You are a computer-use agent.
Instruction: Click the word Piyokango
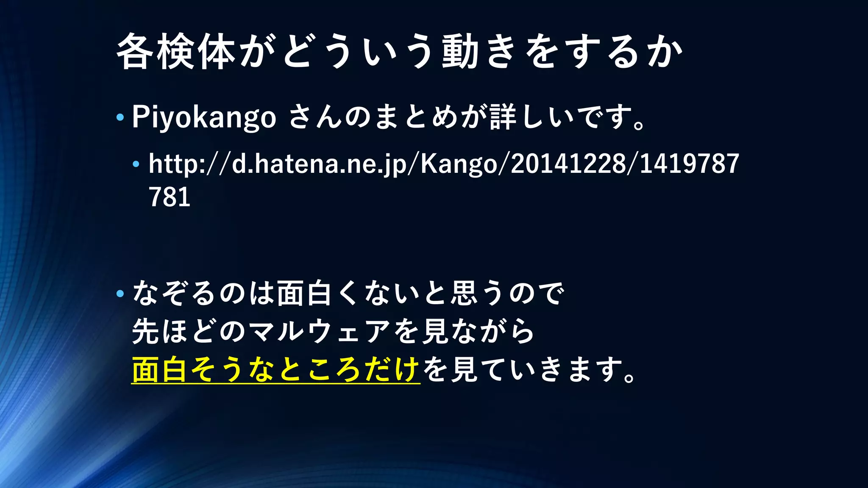pos(204,117)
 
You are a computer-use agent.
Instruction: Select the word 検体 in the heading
pos(196,52)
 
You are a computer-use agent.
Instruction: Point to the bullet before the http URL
pos(136,164)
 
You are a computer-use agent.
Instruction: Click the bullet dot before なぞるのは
pos(120,293)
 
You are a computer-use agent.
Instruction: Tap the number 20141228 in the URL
pos(568,164)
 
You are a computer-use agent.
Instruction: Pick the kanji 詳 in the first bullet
pos(503,117)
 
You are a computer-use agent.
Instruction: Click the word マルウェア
pos(319,331)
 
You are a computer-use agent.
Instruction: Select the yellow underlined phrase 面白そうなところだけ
pos(275,370)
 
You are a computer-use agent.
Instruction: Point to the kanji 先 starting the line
pos(145,331)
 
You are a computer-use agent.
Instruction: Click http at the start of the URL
pos(173,164)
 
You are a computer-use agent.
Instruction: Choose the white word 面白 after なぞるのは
pos(304,293)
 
